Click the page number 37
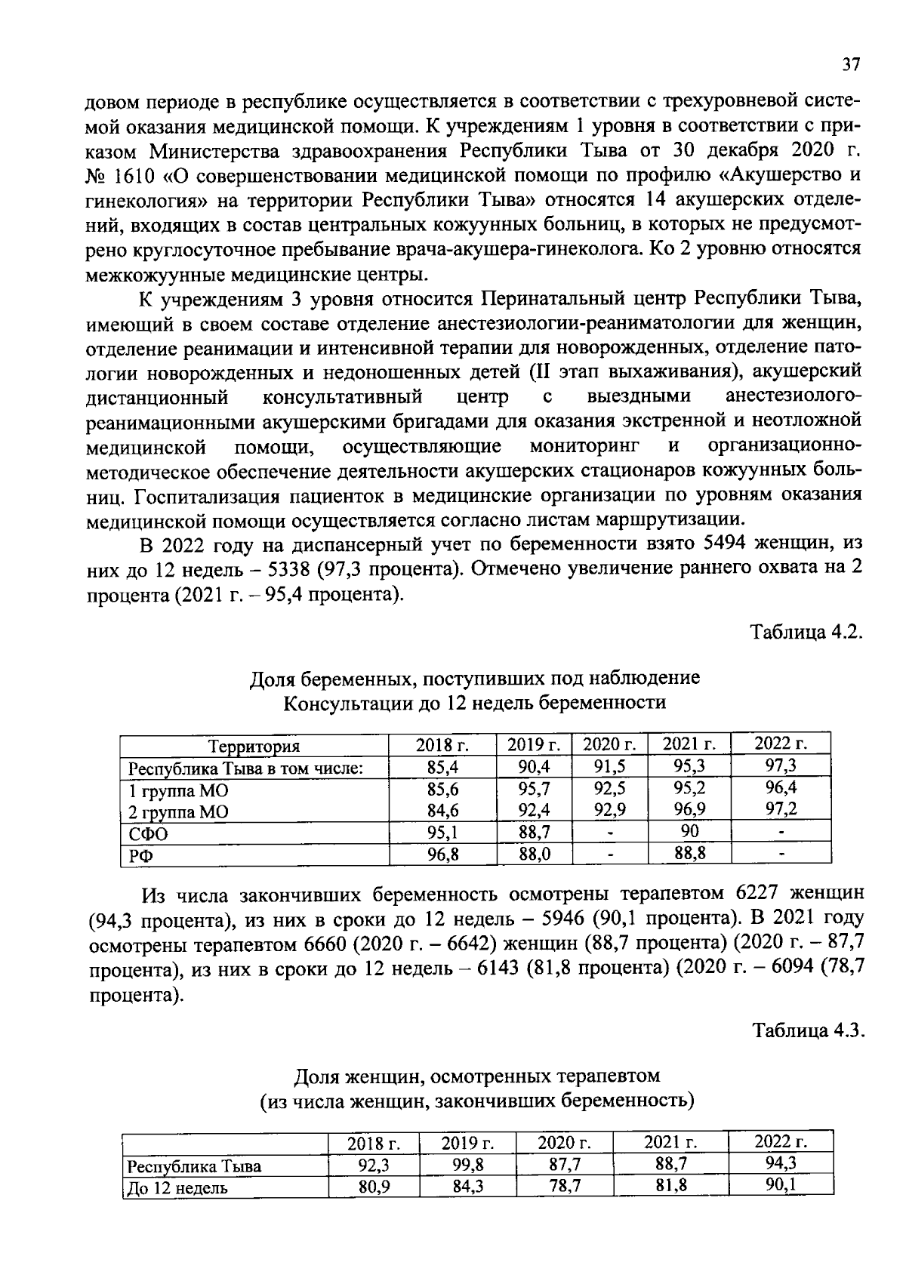click(x=851, y=65)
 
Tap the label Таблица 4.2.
click(x=805, y=632)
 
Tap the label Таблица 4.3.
click(x=807, y=1030)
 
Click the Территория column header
click(x=254, y=746)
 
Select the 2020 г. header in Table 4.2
click(x=610, y=745)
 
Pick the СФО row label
click(x=149, y=834)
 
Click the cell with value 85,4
click(x=442, y=768)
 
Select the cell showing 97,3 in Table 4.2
click(x=781, y=765)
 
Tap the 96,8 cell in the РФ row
click(x=442, y=855)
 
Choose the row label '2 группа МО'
click(x=178, y=811)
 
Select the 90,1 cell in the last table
click(x=781, y=1184)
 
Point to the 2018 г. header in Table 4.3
click(x=374, y=1144)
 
